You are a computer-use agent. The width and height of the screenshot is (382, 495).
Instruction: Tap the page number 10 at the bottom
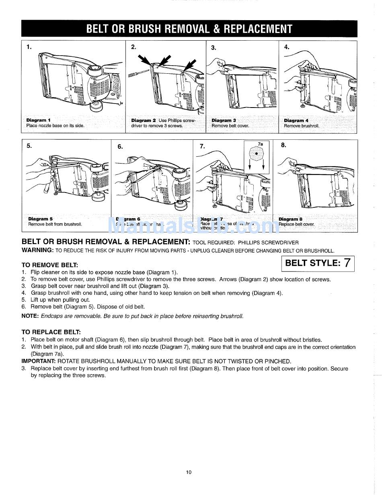point(189,472)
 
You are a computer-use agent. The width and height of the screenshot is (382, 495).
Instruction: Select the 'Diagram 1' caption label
point(39,120)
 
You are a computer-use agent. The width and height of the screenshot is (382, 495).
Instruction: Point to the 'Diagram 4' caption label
point(296,120)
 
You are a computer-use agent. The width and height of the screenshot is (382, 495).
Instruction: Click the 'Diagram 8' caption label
point(290,219)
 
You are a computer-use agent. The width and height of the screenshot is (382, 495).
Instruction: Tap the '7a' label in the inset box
point(260,144)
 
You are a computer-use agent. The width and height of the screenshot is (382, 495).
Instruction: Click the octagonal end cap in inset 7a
point(256,153)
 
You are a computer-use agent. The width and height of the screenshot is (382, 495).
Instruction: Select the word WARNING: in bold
point(37,250)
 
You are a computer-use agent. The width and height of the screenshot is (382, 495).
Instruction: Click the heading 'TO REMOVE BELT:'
point(49,265)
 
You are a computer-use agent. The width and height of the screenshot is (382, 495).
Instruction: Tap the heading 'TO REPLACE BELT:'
point(51,332)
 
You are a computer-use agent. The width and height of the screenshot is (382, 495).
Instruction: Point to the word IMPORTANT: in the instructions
point(38,361)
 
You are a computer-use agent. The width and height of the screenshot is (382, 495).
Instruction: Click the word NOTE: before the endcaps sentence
point(30,316)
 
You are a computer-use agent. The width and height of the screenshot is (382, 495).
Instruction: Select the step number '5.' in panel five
point(29,146)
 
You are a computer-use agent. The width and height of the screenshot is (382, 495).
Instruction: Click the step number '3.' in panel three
point(214,48)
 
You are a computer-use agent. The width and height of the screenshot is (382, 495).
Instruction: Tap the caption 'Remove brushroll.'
point(301,126)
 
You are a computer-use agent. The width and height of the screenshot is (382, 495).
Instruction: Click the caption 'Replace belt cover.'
point(296,224)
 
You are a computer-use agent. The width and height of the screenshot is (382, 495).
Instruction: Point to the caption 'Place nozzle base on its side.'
point(55,126)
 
